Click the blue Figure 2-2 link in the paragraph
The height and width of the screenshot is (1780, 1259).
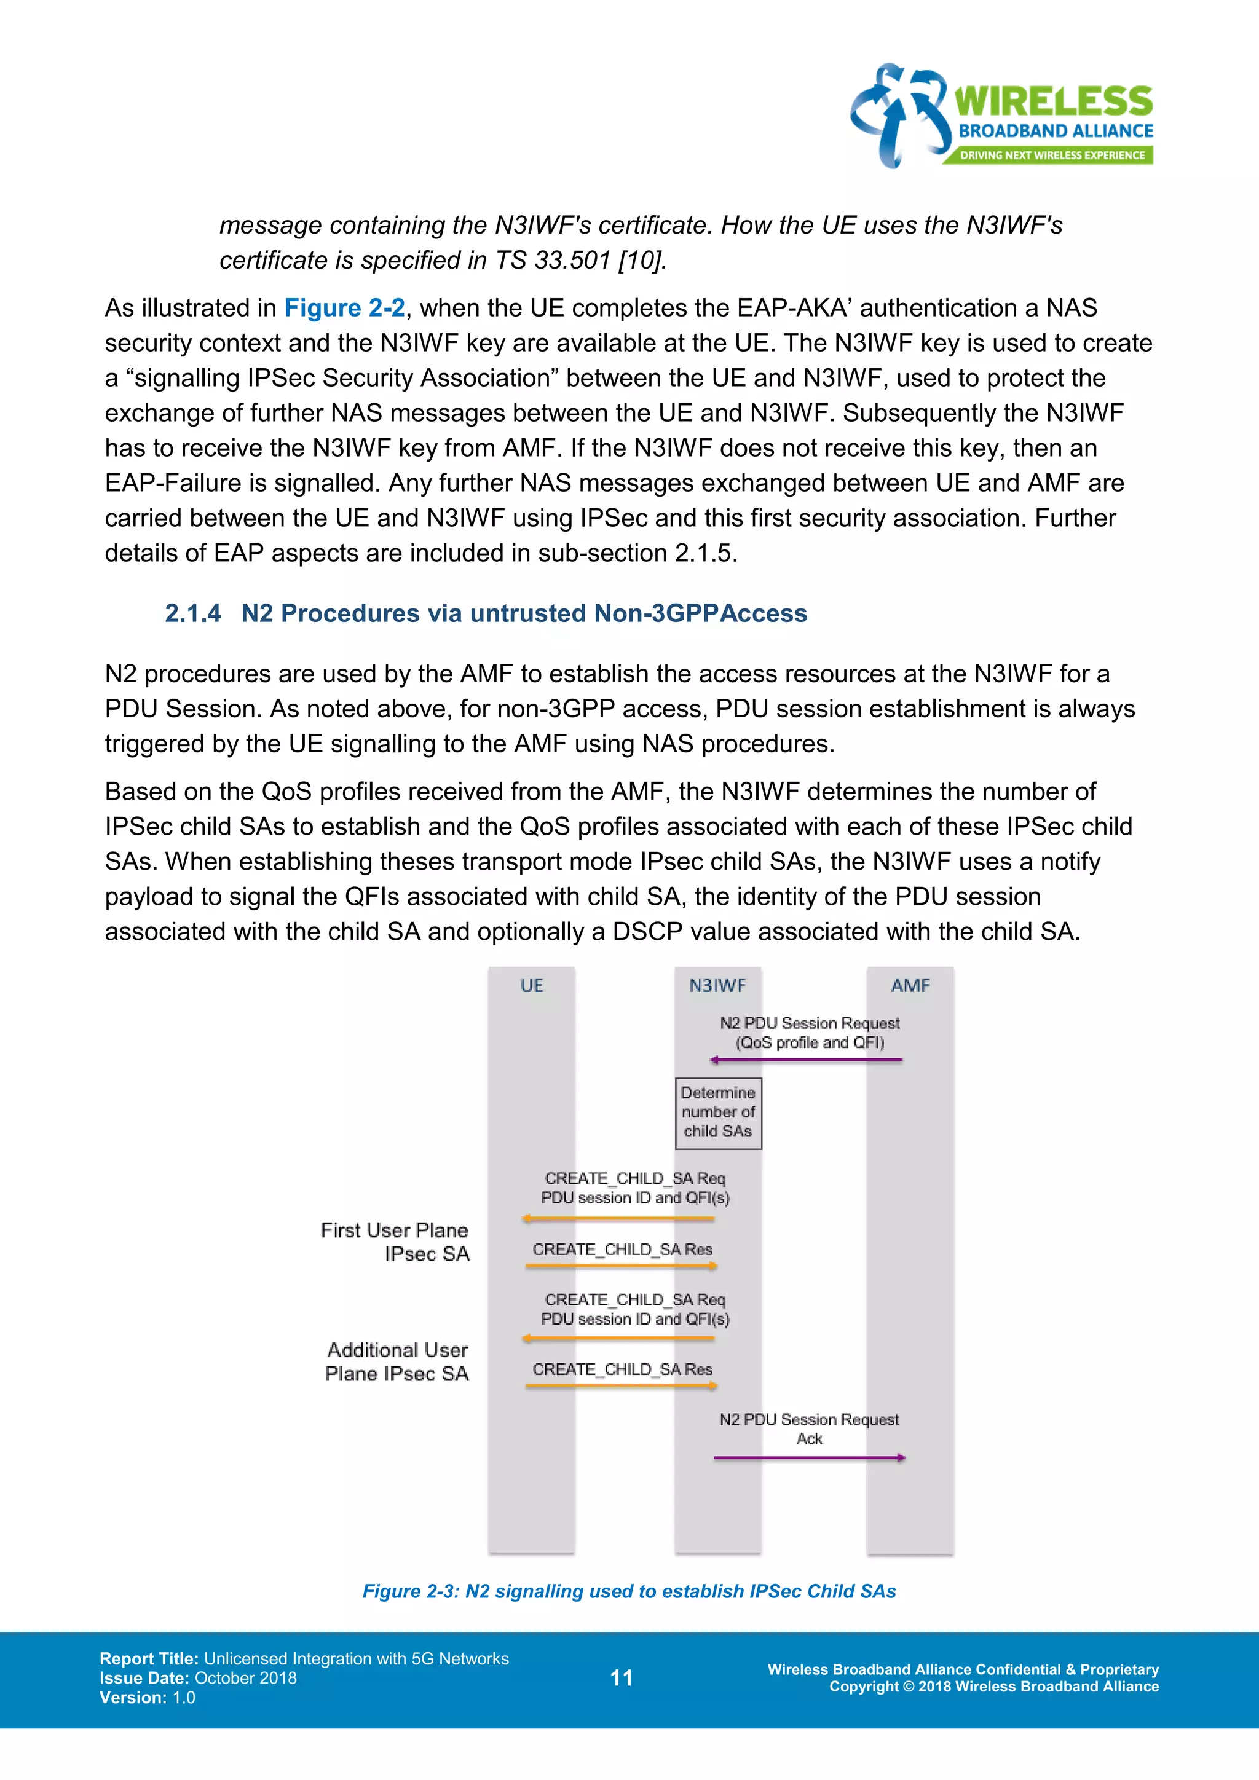click(x=344, y=308)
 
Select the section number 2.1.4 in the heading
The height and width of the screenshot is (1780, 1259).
click(x=192, y=613)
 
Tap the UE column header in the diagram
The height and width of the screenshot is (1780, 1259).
click(x=531, y=985)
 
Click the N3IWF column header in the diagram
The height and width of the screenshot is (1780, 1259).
click(x=717, y=985)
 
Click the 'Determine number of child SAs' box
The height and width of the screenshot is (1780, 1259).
click(x=718, y=1112)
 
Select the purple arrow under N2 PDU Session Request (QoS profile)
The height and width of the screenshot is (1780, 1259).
click(x=807, y=1060)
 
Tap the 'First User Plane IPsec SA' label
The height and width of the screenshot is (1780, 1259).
click(x=395, y=1242)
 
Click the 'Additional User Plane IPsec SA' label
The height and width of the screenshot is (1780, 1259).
click(x=397, y=1362)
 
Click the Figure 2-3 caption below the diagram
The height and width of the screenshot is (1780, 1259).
click(x=629, y=1591)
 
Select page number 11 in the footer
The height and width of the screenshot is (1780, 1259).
click(x=621, y=1678)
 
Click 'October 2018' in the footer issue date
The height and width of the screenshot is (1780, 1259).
click(x=245, y=1678)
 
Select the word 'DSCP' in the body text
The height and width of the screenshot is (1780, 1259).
click(x=647, y=931)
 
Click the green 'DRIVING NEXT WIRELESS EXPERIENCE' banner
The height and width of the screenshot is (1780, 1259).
click(x=1051, y=155)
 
